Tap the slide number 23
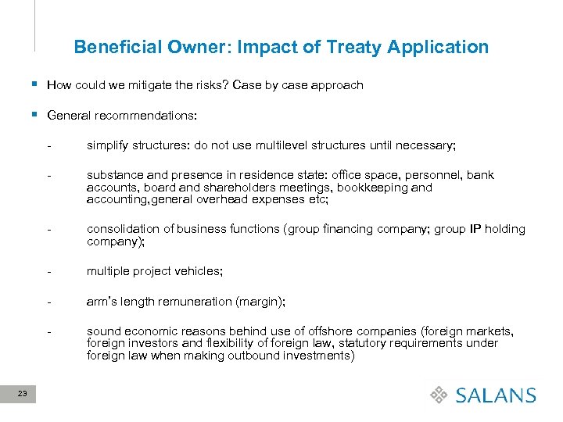(22, 395)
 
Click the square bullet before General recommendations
(36, 115)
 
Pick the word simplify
(107, 145)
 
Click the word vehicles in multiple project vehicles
(199, 271)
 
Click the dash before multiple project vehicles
(49, 271)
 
